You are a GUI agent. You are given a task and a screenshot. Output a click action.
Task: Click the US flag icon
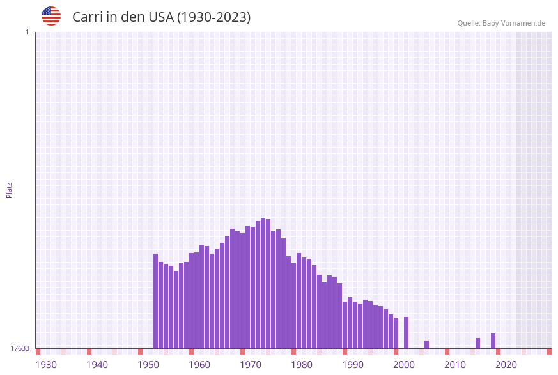tap(51, 16)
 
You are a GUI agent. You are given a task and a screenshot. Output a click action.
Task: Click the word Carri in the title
tap(86, 17)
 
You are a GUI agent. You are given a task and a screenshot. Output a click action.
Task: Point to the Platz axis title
tap(9, 190)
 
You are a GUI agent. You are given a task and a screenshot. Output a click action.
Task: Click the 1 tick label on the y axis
tap(27, 32)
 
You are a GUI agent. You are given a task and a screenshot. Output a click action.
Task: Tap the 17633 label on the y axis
tap(20, 348)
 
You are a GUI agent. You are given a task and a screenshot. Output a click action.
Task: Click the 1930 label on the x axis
tap(46, 365)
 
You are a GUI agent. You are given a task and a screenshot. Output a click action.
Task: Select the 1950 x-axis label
tap(148, 365)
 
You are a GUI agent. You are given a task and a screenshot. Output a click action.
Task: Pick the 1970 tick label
tap(251, 365)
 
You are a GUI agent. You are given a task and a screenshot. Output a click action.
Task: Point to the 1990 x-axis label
tap(353, 365)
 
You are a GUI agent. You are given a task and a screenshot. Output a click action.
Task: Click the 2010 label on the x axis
tap(455, 365)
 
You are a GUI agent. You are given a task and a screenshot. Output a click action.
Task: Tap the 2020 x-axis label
tap(506, 365)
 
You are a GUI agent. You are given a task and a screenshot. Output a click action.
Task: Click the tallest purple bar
tap(263, 283)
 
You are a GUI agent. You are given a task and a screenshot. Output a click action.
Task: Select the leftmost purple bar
tap(156, 301)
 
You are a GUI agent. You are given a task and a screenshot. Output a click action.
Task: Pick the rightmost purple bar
tap(493, 341)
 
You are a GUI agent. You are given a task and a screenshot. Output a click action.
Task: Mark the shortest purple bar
tap(427, 344)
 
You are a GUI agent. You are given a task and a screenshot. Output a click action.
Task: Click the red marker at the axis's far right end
tap(549, 351)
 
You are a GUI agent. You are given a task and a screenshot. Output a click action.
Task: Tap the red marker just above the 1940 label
tap(89, 351)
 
